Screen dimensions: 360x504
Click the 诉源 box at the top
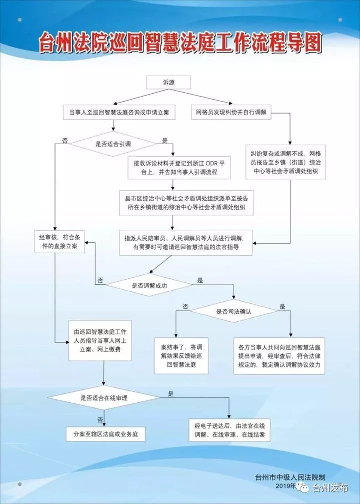[168, 82]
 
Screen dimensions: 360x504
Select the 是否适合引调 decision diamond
[113, 144]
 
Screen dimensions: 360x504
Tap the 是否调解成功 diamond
[149, 285]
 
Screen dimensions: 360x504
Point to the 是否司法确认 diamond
[233, 311]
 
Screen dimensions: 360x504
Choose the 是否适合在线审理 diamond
[103, 397]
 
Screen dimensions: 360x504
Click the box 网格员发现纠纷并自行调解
[231, 112]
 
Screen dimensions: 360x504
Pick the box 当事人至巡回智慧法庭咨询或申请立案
[119, 113]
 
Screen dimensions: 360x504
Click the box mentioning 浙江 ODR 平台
[179, 168]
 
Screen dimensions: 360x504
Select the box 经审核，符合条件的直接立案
[59, 242]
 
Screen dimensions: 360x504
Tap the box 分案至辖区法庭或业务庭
[105, 434]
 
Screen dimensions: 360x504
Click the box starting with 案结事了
[181, 356]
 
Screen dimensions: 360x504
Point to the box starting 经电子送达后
[229, 430]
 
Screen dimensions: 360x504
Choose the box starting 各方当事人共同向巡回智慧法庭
[279, 356]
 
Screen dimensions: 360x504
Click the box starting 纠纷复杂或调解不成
[286, 162]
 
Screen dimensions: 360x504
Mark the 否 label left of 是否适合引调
[65, 141]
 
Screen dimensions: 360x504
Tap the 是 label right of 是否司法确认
[282, 306]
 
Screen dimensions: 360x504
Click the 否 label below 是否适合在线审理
[100, 420]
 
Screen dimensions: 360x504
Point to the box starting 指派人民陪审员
[185, 243]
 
